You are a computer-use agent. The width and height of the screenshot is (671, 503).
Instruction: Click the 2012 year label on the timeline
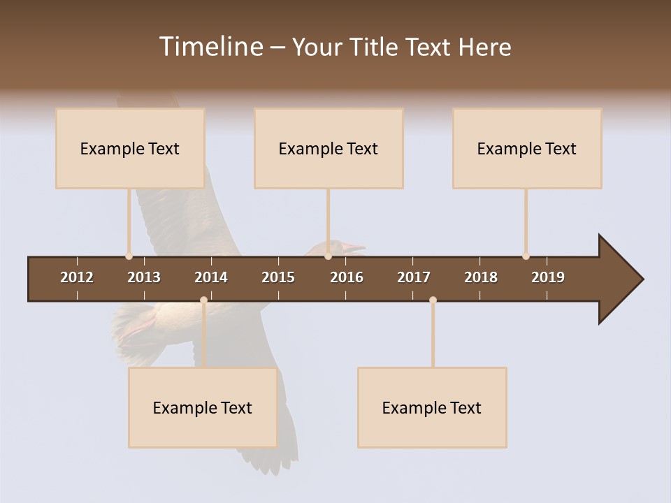click(x=77, y=277)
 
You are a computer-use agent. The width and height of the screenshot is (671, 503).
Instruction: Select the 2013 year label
click(x=144, y=277)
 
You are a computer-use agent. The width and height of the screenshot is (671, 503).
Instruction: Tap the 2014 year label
click(x=211, y=277)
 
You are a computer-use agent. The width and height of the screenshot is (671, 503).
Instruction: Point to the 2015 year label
click(x=278, y=277)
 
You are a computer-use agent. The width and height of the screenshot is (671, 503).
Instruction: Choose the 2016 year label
click(x=347, y=277)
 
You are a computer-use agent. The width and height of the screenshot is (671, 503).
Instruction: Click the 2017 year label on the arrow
click(x=414, y=277)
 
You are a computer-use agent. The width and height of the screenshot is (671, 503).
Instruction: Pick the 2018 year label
click(x=481, y=277)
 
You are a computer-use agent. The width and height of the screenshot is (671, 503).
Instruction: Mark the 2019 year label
click(x=548, y=277)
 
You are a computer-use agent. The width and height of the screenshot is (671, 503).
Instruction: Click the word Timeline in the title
click(x=210, y=47)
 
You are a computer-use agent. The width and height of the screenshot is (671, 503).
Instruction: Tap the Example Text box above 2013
click(x=130, y=148)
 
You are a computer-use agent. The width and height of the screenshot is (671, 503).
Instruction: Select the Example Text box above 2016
click(x=329, y=148)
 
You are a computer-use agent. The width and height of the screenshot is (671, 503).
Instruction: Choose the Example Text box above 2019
click(x=527, y=148)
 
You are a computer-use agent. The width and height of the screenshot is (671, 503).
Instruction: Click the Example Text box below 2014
click(x=203, y=407)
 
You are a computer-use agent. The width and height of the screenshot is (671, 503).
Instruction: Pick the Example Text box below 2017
click(x=432, y=407)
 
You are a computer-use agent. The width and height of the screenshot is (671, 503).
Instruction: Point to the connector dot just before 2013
click(x=129, y=256)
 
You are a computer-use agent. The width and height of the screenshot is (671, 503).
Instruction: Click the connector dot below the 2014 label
click(x=203, y=300)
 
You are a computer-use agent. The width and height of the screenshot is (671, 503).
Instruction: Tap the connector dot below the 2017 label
click(x=433, y=300)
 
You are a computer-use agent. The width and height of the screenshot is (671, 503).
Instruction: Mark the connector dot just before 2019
click(x=526, y=256)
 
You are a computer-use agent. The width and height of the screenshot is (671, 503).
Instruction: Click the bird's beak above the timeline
click(x=355, y=247)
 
